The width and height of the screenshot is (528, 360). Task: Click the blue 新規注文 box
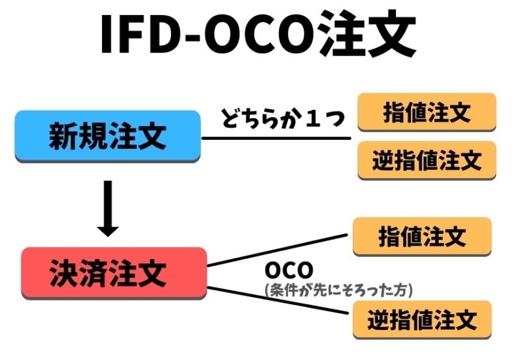(107, 136)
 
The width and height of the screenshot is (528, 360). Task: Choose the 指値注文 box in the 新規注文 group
(427, 112)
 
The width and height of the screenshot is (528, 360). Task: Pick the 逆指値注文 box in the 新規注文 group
(427, 159)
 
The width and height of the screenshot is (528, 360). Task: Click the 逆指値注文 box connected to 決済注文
(422, 319)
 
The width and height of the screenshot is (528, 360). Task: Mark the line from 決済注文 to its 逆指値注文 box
(280, 299)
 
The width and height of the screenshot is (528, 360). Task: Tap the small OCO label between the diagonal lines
(289, 270)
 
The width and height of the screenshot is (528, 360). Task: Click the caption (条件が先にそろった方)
(339, 288)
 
